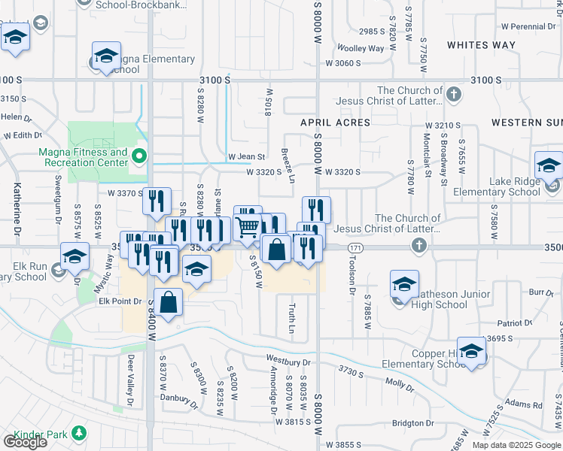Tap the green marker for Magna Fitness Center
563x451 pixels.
(138, 157)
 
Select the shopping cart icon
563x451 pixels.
(248, 226)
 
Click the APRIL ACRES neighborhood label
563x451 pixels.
(336, 123)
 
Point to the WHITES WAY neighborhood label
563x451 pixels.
(482, 45)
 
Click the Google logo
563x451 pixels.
(25, 441)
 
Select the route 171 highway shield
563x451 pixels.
(355, 247)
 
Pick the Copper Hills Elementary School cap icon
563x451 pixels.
(472, 351)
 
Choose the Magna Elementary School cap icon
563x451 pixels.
(106, 56)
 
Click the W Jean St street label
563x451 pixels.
(247, 157)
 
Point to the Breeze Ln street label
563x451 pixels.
(287, 162)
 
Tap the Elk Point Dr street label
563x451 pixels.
(120, 301)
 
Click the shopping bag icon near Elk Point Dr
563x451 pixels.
(169, 303)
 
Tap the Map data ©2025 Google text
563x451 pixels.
(516, 445)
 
